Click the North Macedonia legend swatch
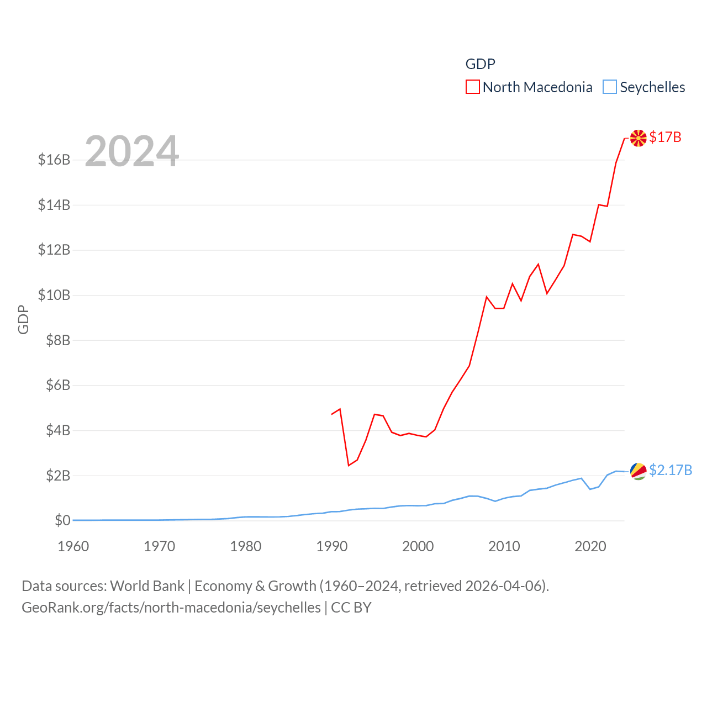[472, 87]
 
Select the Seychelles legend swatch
[609, 87]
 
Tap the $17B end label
[665, 137]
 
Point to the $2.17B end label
[671, 470]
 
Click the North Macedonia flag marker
[639, 138]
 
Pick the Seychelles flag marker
[639, 471]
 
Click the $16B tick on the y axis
[54, 160]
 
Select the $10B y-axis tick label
[54, 296]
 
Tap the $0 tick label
[62, 520]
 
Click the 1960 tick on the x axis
[73, 546]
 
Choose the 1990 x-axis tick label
[332, 546]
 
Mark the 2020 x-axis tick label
[590, 546]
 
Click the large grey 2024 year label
[132, 151]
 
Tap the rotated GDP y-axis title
[23, 319]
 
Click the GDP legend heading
[480, 64]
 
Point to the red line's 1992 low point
[349, 466]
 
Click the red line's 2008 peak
[487, 297]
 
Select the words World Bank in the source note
[147, 585]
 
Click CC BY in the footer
[351, 608]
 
